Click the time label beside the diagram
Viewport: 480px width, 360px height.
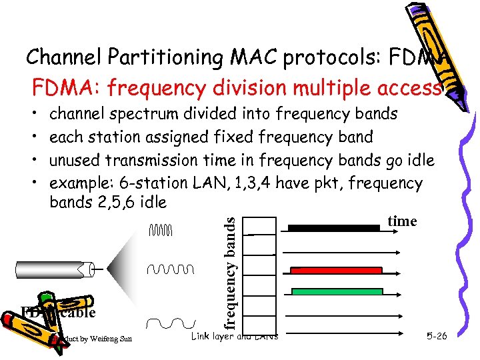[x=402, y=221]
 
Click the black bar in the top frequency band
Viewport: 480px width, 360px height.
[x=333, y=228]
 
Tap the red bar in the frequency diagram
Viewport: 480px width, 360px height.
[x=335, y=270]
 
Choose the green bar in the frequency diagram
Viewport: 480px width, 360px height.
[x=335, y=291]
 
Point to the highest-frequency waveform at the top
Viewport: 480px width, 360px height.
[x=160, y=231]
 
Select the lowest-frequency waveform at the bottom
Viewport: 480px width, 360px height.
[x=167, y=323]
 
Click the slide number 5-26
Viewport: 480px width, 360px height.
[x=436, y=336]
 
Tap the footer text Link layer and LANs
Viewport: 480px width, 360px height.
[x=235, y=335]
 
